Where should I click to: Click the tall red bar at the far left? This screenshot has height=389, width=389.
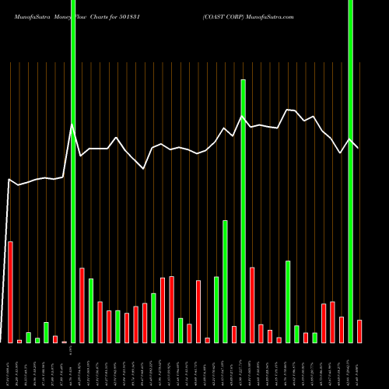coord(10,292)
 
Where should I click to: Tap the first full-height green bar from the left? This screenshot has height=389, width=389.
coord(73,171)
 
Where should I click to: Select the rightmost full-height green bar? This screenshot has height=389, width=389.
coord(350,171)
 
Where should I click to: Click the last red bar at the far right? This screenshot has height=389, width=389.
coord(359,331)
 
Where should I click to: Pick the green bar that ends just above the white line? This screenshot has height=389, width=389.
coord(244,210)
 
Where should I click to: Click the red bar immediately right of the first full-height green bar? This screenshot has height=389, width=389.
coord(82,305)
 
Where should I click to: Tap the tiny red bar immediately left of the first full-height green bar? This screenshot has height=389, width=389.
coord(64,341)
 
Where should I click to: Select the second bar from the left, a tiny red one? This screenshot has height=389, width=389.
coord(19,341)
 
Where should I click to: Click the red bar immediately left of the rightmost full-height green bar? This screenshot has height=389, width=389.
coord(342,329)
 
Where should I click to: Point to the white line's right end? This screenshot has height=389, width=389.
coord(359,147)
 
